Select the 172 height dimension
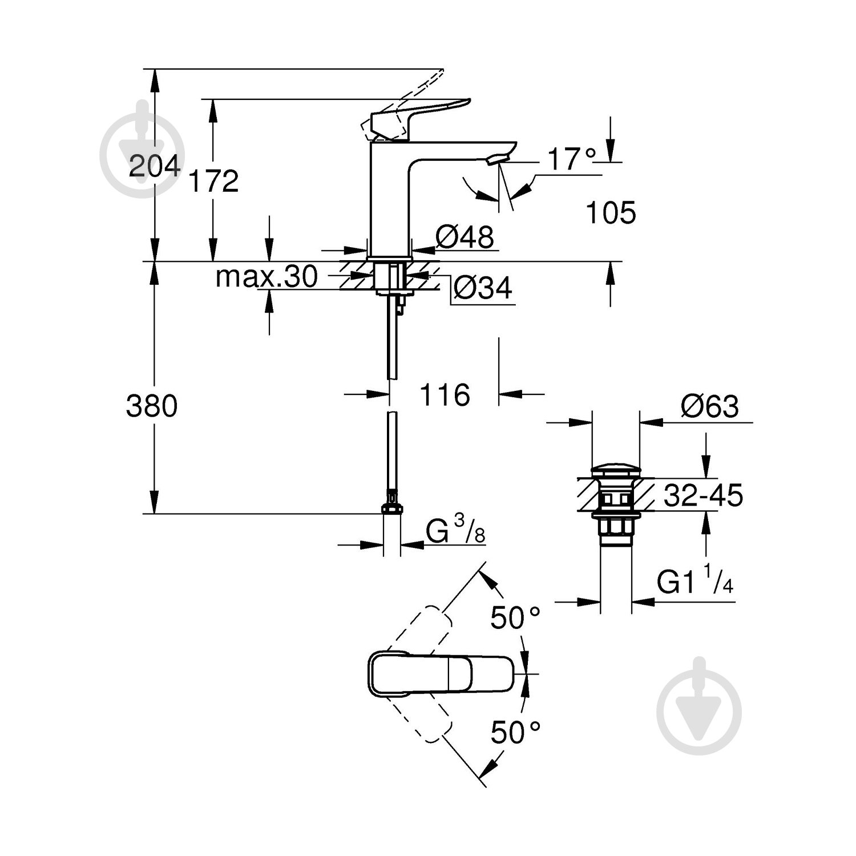[213, 181]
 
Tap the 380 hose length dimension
[152, 406]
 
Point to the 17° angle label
[571, 159]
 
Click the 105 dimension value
[611, 213]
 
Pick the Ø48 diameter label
[465, 236]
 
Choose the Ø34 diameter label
[483, 289]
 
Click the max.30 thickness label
[266, 277]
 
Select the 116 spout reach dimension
[445, 394]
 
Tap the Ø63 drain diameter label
[709, 407]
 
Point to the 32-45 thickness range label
[703, 495]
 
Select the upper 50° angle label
[515, 617]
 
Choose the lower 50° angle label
[515, 732]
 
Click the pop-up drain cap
[615, 471]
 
